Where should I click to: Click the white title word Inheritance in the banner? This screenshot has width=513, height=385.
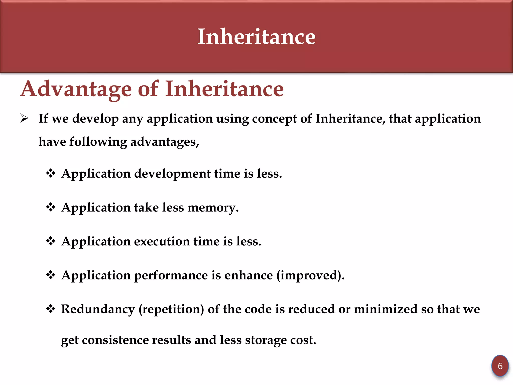point(256,37)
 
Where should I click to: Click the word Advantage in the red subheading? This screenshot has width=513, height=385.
point(76,89)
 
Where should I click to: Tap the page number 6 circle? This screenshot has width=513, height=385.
point(500,366)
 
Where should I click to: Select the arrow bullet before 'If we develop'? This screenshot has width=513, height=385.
point(24,118)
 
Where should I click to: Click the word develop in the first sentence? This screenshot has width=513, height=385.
point(95,119)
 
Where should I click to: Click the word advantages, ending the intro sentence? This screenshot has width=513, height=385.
point(165,142)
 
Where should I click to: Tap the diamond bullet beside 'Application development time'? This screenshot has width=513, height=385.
point(51,173)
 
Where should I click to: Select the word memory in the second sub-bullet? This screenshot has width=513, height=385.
point(213,208)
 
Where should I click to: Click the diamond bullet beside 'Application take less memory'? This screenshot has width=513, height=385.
point(51,207)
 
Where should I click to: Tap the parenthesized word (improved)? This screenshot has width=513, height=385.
point(310,275)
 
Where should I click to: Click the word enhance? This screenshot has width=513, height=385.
point(248,275)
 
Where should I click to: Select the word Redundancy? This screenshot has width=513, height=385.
point(98,309)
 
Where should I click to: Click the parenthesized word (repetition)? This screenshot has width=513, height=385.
point(171,309)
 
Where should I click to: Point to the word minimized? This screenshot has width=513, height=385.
point(385,309)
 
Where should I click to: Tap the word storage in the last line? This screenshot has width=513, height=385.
point(266,340)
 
